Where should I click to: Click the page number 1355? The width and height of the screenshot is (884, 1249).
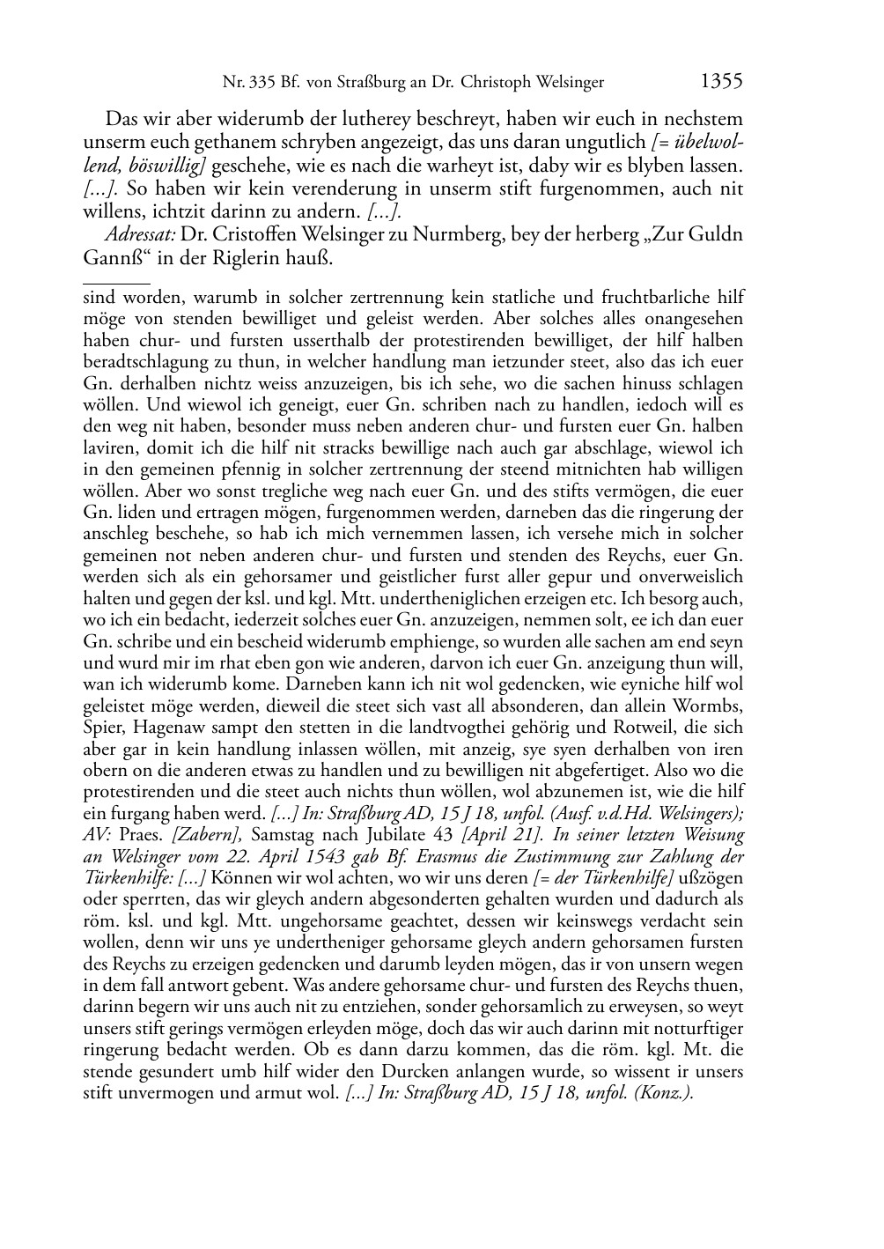click(721, 81)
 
